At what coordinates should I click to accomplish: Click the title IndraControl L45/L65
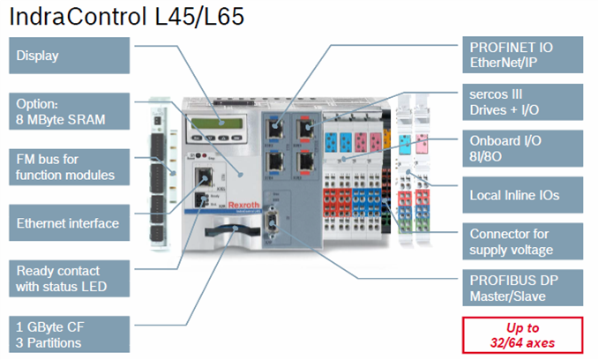(x=126, y=17)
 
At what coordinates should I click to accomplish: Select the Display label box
(x=69, y=56)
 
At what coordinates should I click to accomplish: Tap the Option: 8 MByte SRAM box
(x=69, y=111)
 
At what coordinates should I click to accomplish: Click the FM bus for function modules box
(x=69, y=167)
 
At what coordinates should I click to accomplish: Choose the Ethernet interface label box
(x=69, y=223)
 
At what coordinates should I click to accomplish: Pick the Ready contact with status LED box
(x=69, y=279)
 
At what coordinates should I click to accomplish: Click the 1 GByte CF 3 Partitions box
(x=69, y=334)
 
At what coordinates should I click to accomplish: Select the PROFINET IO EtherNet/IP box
(x=522, y=55)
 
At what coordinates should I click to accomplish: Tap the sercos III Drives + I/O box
(x=522, y=102)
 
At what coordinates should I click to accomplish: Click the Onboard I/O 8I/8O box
(x=522, y=148)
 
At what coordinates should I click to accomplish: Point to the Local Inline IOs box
(x=522, y=195)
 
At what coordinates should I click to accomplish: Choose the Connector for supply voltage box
(x=522, y=242)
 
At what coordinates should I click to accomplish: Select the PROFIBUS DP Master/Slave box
(x=522, y=288)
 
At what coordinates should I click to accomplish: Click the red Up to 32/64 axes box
(x=522, y=335)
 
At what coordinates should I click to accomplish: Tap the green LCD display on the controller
(x=217, y=124)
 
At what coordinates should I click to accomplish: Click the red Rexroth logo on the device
(x=243, y=205)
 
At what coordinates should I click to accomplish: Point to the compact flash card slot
(x=232, y=230)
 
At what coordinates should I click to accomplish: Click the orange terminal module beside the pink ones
(x=386, y=141)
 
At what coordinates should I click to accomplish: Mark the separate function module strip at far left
(x=158, y=175)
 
